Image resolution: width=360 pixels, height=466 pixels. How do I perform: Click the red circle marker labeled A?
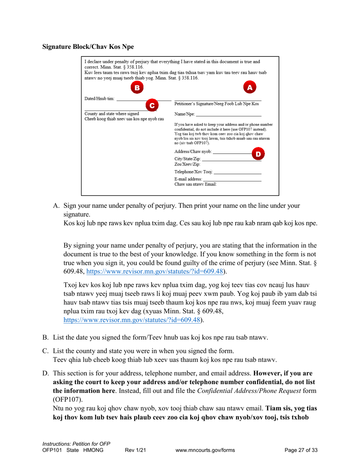tap(249, 88)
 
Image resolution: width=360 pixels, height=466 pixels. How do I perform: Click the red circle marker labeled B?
tap(137, 88)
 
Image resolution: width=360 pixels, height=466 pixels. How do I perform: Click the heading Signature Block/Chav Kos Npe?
tap(88, 47)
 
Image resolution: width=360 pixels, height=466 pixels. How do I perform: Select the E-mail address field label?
tap(188, 179)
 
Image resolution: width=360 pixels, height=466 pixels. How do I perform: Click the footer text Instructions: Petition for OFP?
tap(76, 444)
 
